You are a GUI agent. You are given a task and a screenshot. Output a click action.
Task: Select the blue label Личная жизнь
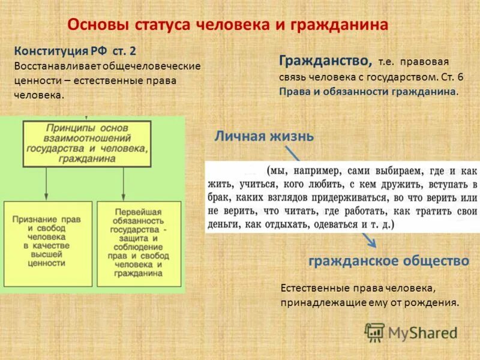[264, 136]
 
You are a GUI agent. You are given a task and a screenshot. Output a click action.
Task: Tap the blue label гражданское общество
[388, 261]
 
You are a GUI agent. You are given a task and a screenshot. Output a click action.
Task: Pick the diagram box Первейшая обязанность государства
[138, 242]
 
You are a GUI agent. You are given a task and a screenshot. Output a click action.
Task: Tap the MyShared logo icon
[375, 332]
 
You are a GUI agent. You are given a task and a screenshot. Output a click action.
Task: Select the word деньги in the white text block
[224, 224]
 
